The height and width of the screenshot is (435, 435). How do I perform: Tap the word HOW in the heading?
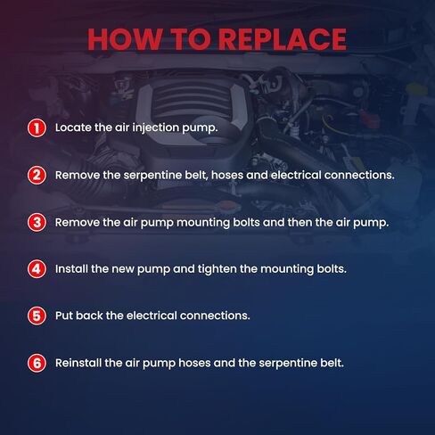pos(125,39)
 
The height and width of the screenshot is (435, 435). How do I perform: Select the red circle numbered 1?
pos(37,128)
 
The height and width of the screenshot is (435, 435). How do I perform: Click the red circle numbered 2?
pos(37,176)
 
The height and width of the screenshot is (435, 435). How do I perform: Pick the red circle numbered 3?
pos(37,222)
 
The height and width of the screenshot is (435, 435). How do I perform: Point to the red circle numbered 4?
pos(37,269)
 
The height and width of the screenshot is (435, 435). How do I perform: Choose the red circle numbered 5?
pos(37,316)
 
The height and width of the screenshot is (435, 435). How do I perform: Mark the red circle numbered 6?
pos(37,363)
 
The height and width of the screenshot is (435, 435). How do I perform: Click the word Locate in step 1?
pos(73,127)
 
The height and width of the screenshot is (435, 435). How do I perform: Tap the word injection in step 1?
pos(155,128)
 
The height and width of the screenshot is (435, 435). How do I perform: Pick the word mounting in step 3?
pos(203,223)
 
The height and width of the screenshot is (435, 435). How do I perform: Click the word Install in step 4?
pos(71,269)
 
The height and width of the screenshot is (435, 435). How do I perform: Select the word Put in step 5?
pos(64,316)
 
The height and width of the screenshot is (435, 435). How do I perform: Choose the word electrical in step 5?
pos(152,316)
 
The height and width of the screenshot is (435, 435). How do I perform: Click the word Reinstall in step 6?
pos(78,363)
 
